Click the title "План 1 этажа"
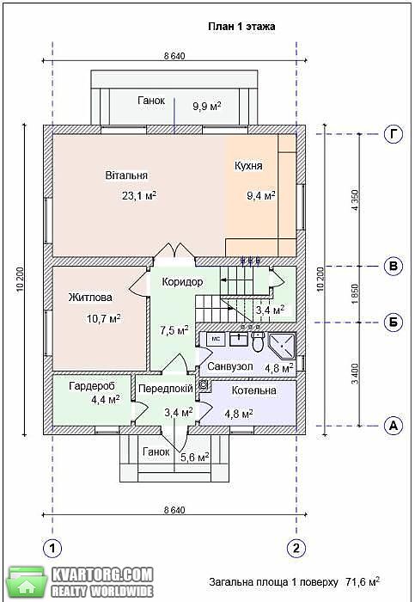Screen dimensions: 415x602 [241, 27]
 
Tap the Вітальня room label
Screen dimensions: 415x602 [126, 175]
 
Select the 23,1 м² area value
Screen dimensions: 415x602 [139, 195]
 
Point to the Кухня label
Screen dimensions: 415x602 [248, 166]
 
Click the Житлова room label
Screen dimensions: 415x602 [90, 298]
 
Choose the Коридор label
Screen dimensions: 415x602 [182, 282]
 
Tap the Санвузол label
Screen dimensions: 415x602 [230, 366]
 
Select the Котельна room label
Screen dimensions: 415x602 [254, 390]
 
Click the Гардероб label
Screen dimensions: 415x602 [92, 386]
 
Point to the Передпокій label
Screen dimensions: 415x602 [166, 389]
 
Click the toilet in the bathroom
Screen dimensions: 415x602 [258, 341]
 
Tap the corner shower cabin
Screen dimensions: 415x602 [282, 345]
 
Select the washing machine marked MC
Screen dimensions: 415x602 [216, 339]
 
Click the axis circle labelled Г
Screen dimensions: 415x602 [394, 134]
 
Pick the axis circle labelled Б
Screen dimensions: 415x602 [394, 322]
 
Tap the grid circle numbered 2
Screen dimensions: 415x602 [296, 548]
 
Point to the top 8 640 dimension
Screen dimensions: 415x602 [174, 56]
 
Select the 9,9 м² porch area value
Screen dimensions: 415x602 [207, 106]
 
